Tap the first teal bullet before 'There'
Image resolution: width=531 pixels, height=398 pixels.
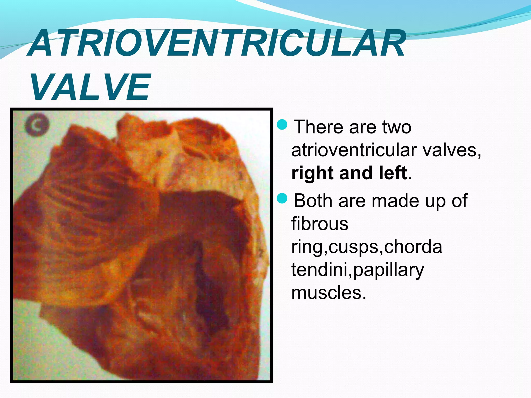[282, 125]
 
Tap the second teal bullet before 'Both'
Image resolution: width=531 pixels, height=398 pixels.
[282, 198]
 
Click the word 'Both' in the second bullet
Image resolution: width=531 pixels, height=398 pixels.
[313, 201]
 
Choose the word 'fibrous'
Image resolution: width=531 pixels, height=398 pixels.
[320, 224]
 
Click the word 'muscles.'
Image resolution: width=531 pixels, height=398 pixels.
[329, 293]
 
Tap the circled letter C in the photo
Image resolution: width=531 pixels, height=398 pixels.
[37, 126]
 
